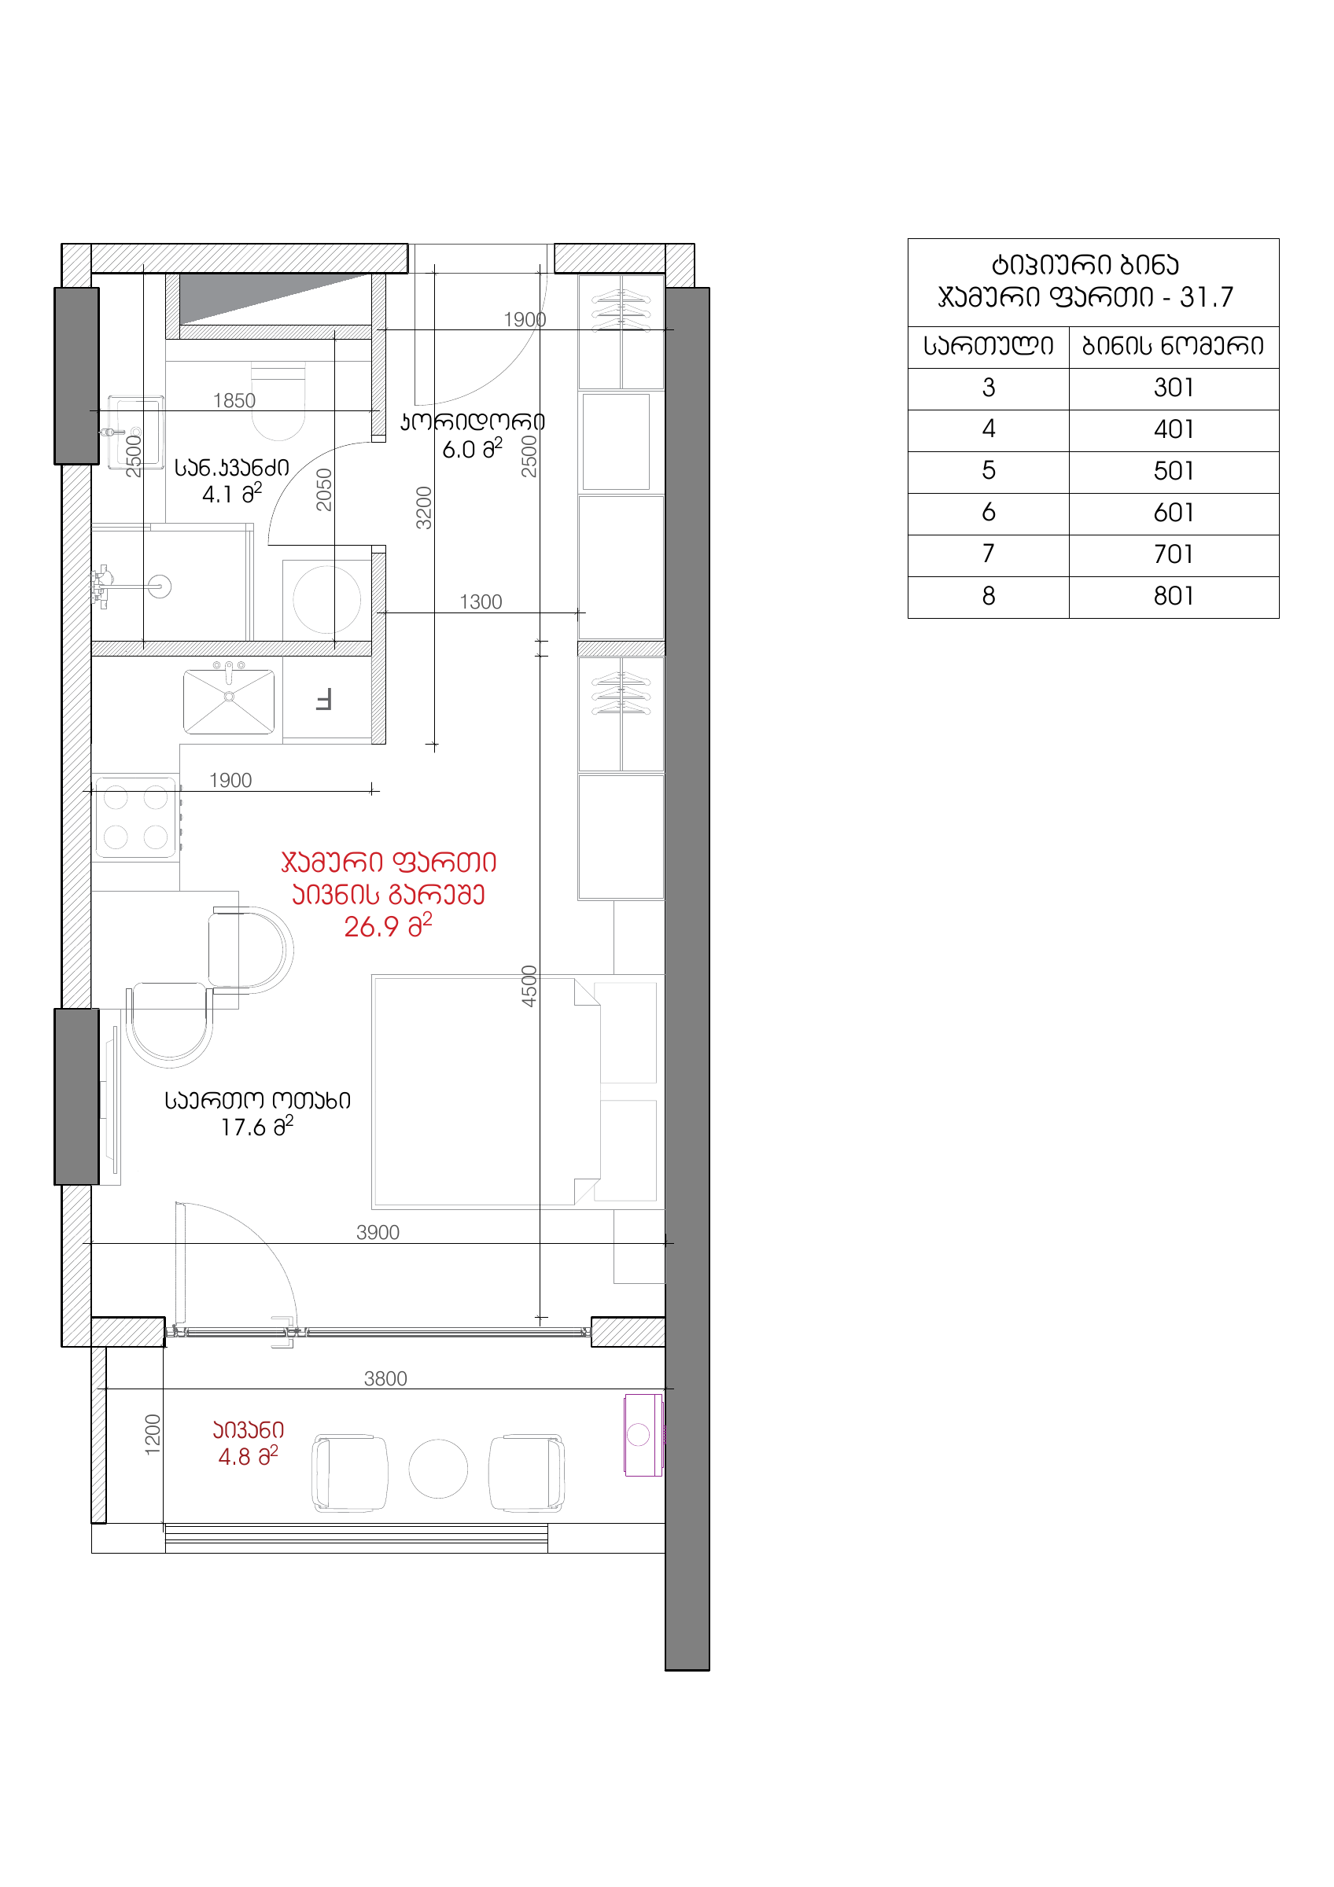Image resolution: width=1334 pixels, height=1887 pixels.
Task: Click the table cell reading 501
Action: [1173, 471]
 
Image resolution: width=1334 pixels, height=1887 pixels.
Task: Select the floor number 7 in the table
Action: [988, 554]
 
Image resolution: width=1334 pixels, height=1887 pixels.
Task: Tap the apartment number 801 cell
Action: [1173, 596]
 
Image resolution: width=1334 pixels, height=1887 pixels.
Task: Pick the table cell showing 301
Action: [1173, 388]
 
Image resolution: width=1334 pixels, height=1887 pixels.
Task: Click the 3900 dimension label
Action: [378, 1232]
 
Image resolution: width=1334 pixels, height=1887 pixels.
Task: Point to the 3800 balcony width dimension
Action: [385, 1378]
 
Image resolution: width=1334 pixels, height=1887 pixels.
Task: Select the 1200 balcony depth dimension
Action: [153, 1435]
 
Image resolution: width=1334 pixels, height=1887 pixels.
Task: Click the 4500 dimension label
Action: [529, 986]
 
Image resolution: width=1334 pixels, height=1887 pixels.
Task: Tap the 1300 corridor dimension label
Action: [481, 601]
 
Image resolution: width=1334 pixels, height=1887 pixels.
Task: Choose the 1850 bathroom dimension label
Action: [234, 400]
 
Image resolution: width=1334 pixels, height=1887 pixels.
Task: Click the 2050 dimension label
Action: [325, 490]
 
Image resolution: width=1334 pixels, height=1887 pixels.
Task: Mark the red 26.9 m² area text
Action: [388, 926]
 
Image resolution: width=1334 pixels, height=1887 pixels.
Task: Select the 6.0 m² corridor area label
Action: [473, 449]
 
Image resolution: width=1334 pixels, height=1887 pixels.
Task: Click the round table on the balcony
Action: [438, 1469]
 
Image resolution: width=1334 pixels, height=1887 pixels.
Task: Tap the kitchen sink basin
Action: [229, 701]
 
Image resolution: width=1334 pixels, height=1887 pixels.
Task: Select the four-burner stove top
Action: [136, 817]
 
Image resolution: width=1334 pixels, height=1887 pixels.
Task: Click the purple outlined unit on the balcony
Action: [643, 1435]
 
